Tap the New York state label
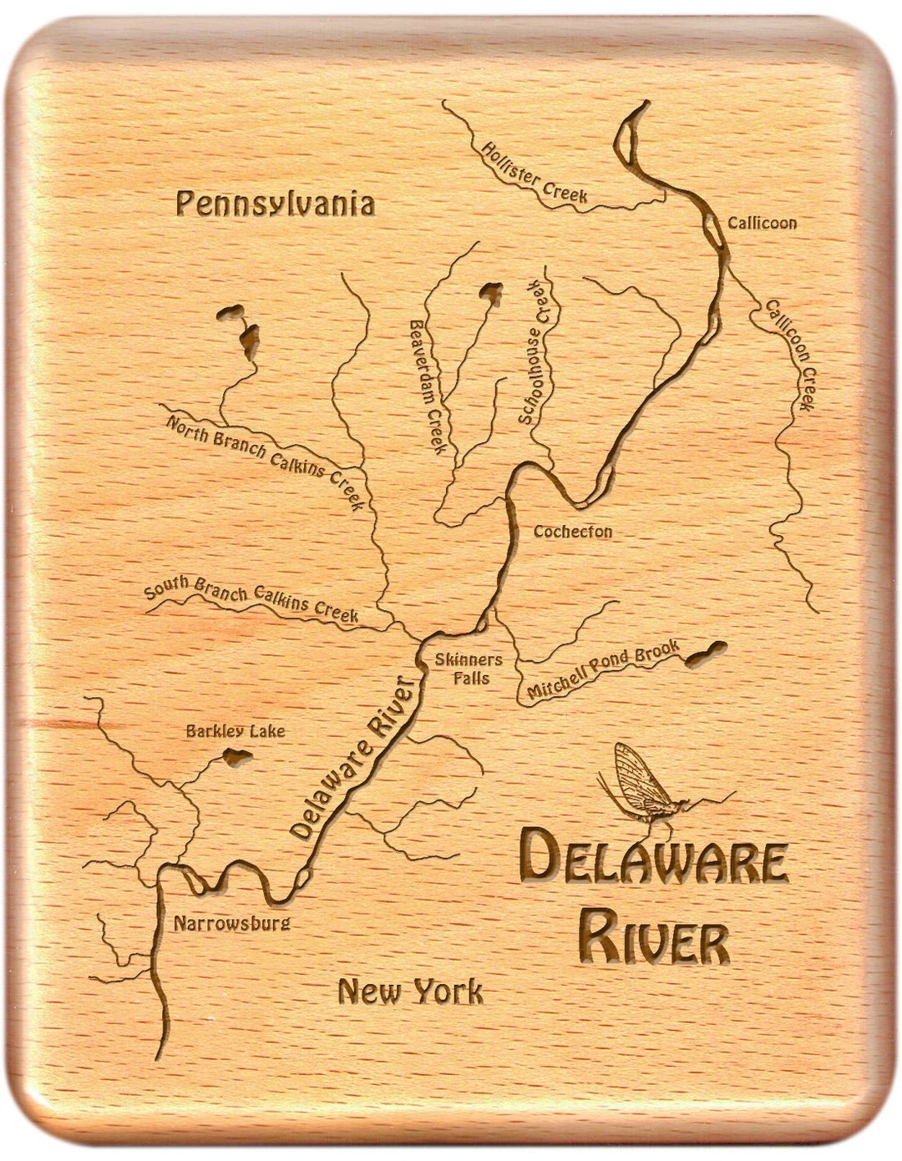(410, 992)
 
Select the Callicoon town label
(761, 223)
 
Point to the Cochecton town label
(573, 531)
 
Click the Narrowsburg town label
(231, 923)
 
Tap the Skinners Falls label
(469, 668)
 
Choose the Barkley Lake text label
(235, 731)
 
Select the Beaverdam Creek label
(428, 386)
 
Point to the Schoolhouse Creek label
(538, 352)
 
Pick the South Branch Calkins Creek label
(251, 598)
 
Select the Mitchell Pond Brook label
(603, 670)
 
